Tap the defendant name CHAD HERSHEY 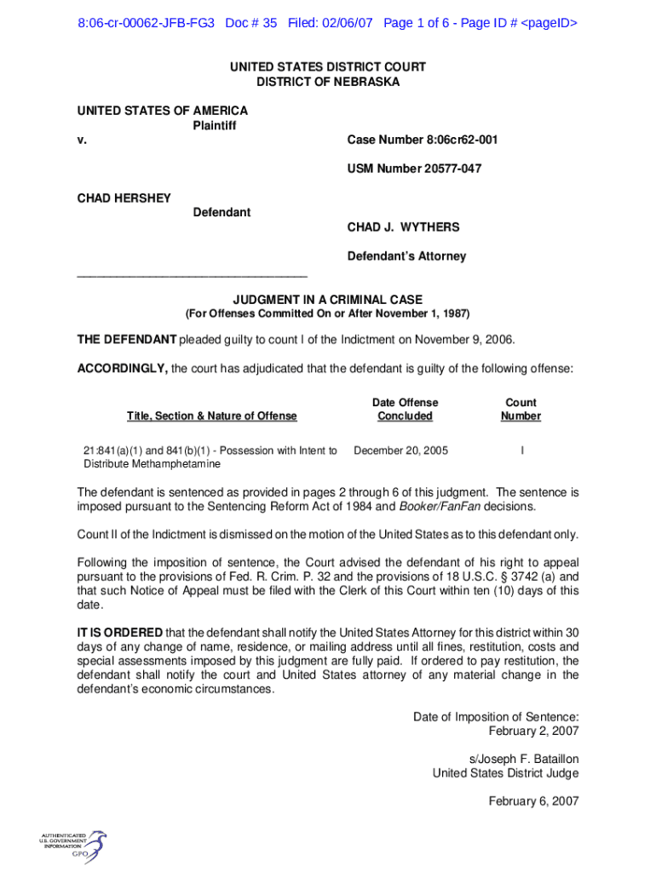pyautogui.click(x=124, y=198)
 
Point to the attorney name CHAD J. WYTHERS pyautogui.click(x=403, y=227)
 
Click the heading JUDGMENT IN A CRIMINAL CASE pyautogui.click(x=328, y=300)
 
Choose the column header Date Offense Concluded pyautogui.click(x=405, y=409)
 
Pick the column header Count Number pyautogui.click(x=521, y=409)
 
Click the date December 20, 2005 pyautogui.click(x=400, y=450)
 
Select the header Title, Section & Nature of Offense pyautogui.click(x=212, y=416)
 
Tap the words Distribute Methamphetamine pyautogui.click(x=152, y=464)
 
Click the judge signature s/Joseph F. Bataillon pyautogui.click(x=524, y=759)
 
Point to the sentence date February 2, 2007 pyautogui.click(x=533, y=731)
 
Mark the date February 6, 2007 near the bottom pyautogui.click(x=533, y=801)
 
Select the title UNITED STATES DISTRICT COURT pyautogui.click(x=328, y=66)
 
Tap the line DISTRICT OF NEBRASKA pyautogui.click(x=328, y=82)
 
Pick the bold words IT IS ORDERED pyautogui.click(x=120, y=632)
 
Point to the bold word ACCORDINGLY pyautogui.click(x=123, y=369)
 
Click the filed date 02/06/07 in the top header pyautogui.click(x=348, y=23)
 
